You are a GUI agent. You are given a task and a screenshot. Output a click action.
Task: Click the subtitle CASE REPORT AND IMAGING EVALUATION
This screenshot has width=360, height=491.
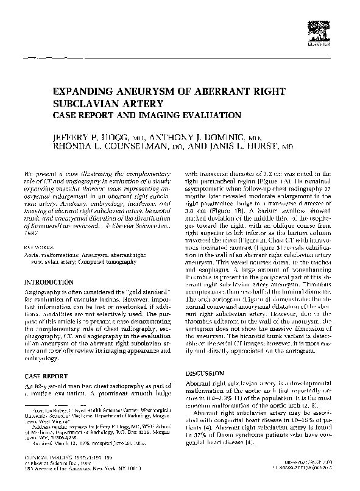pyautogui.click(x=142, y=115)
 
